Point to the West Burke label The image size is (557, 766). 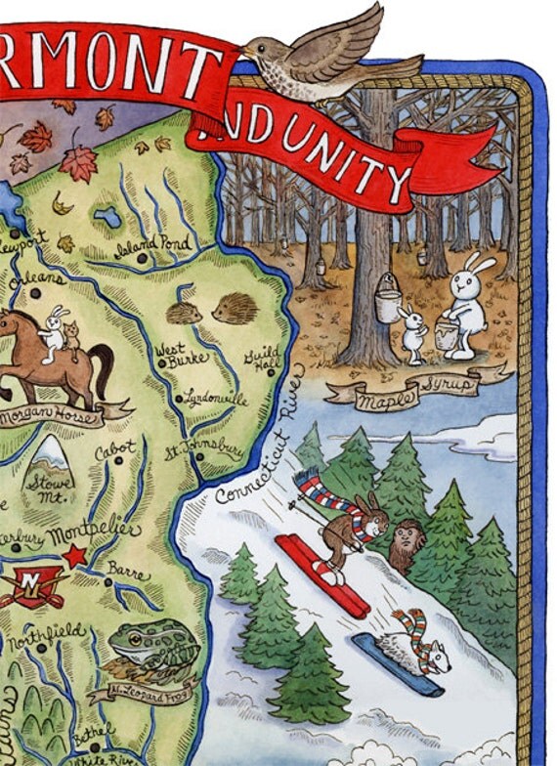(x=182, y=353)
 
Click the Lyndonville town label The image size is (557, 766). (x=214, y=400)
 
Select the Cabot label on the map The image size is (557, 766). (x=115, y=452)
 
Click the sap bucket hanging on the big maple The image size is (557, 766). (x=388, y=299)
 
